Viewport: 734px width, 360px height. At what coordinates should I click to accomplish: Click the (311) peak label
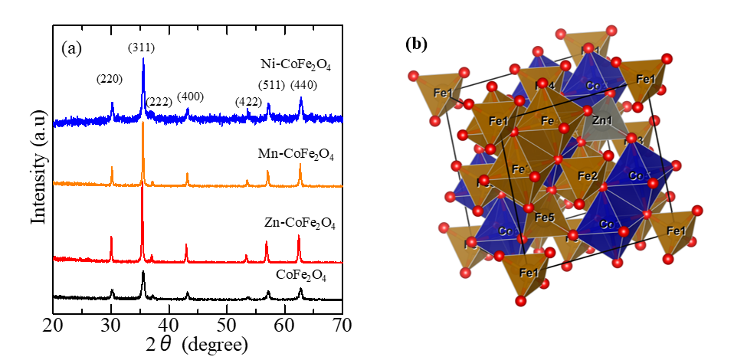click(142, 47)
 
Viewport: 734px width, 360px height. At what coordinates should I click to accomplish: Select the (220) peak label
click(110, 79)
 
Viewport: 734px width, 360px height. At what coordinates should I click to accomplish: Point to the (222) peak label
click(159, 103)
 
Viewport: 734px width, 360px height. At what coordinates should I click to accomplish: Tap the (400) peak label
click(191, 97)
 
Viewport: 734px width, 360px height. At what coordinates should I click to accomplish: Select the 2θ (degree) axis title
click(198, 345)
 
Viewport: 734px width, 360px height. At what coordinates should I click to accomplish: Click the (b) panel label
click(416, 44)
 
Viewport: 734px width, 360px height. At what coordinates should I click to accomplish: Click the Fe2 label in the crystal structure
click(588, 176)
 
